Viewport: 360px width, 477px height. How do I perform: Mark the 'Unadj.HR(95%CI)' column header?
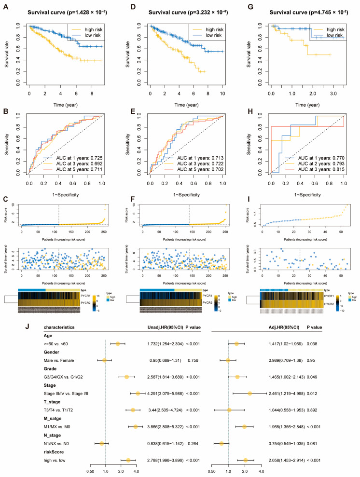click(166, 327)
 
